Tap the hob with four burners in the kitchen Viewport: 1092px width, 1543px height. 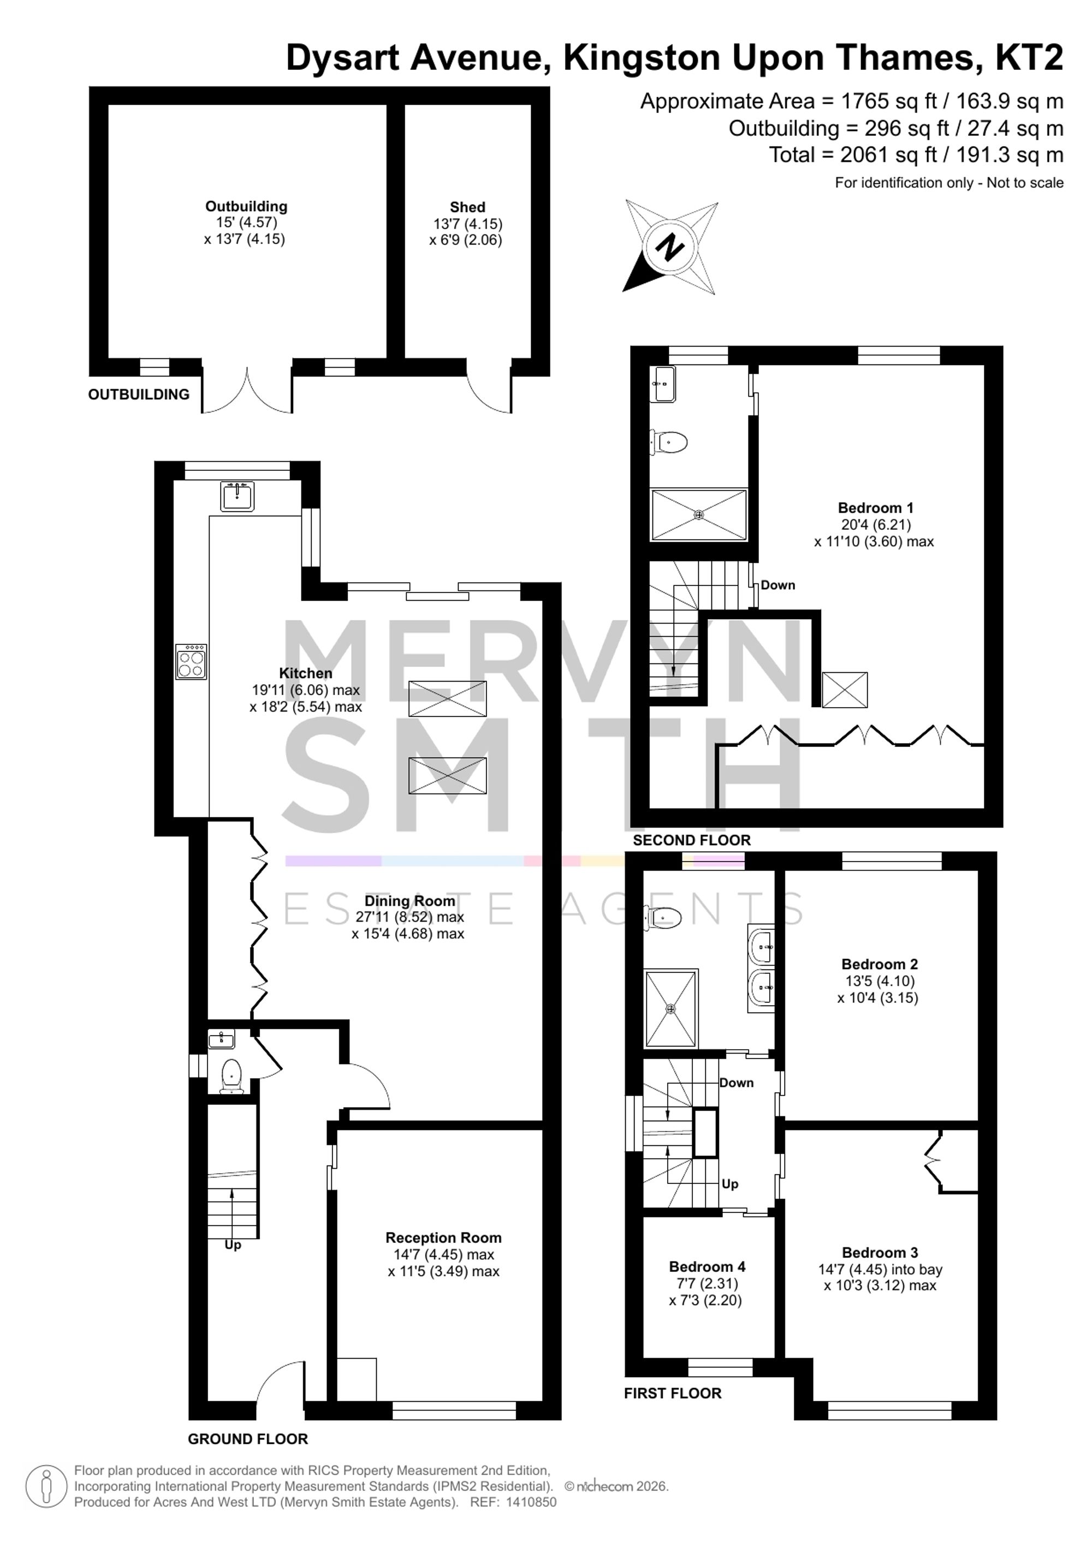191,662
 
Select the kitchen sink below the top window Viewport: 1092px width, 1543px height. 236,497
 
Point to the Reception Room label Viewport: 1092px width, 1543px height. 443,1238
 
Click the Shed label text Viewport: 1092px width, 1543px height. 467,207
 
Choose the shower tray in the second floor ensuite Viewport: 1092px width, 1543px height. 699,515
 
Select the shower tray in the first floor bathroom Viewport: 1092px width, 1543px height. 670,1008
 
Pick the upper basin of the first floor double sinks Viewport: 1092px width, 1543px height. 761,946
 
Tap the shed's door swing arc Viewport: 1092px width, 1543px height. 489,391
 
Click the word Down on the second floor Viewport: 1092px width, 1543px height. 778,585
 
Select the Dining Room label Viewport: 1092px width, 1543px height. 410,900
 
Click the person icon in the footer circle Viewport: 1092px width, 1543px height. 46,1487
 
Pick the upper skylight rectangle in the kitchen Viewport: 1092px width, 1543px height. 447,699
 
